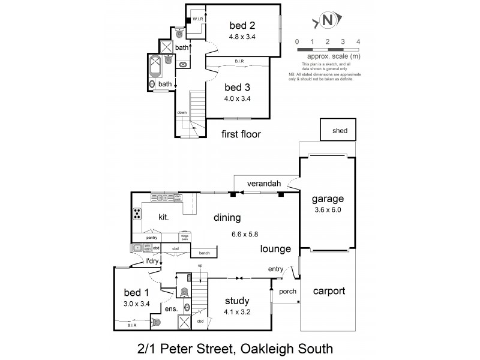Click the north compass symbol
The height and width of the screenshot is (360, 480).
pyautogui.click(x=328, y=20)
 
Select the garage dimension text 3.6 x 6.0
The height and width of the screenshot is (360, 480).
pyautogui.click(x=327, y=210)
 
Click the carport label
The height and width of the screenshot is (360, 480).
pyautogui.click(x=329, y=292)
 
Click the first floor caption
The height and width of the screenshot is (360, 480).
pyautogui.click(x=241, y=134)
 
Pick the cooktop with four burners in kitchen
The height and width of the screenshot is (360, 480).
pyautogui.click(x=137, y=213)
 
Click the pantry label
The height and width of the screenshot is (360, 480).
pyautogui.click(x=151, y=238)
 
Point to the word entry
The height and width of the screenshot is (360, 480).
pyautogui.click(x=275, y=269)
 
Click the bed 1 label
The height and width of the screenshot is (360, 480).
pyautogui.click(x=136, y=292)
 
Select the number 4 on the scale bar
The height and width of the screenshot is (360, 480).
pyautogui.click(x=358, y=41)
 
